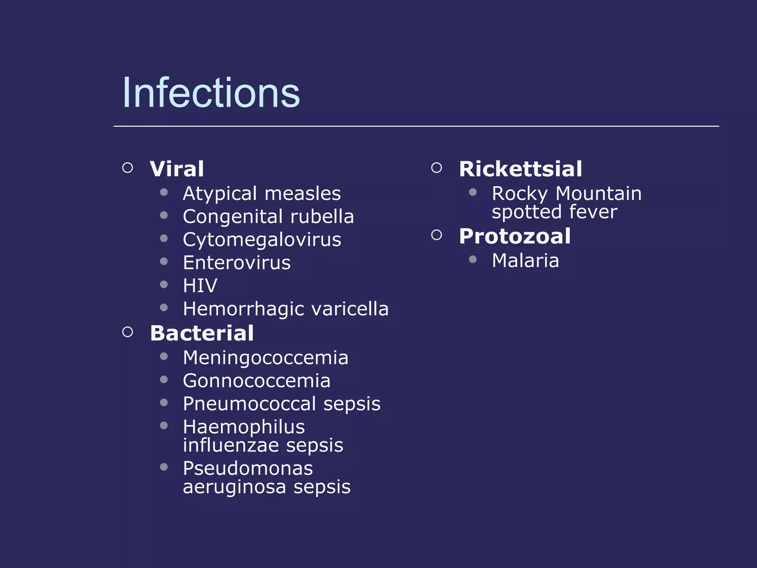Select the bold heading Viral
click(x=177, y=169)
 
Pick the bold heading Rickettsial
click(x=520, y=169)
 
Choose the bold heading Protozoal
click(x=515, y=236)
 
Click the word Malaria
click(x=525, y=261)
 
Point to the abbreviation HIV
click(x=200, y=286)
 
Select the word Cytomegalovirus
click(x=262, y=240)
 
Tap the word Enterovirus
click(x=237, y=263)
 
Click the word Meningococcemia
click(x=265, y=358)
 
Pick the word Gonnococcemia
click(x=257, y=381)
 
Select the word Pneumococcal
click(x=249, y=404)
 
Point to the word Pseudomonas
click(x=248, y=469)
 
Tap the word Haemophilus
click(x=244, y=427)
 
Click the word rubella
click(x=322, y=217)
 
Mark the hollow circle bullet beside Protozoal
click(x=437, y=235)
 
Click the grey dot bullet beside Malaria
click(x=472, y=259)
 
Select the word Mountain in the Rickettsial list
click(x=598, y=194)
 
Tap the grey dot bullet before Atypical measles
click(x=164, y=192)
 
